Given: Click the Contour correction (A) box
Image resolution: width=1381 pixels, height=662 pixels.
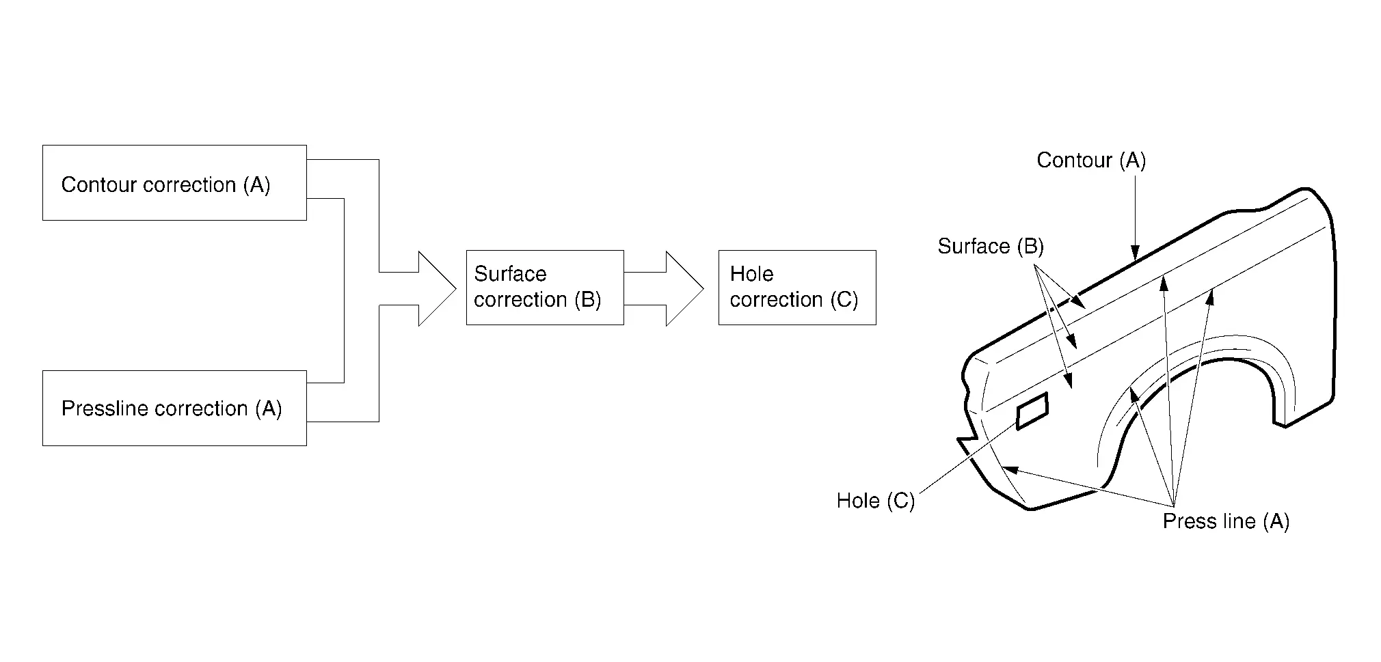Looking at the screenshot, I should tap(174, 182).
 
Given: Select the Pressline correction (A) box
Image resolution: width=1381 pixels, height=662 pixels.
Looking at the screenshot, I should tap(174, 408).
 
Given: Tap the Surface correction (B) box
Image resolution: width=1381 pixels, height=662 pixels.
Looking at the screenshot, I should tap(544, 287).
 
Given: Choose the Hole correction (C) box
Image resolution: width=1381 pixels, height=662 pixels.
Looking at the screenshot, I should tap(796, 287).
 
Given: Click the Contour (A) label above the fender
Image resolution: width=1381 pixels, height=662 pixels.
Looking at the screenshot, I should tap(1090, 161).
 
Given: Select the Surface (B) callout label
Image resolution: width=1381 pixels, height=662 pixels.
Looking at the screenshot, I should tap(990, 246).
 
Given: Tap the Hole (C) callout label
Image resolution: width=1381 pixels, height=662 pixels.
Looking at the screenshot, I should tap(875, 501).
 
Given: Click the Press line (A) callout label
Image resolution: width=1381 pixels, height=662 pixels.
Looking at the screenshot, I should tap(1225, 521).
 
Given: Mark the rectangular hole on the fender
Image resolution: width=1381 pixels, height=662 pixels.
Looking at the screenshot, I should tap(1032, 411).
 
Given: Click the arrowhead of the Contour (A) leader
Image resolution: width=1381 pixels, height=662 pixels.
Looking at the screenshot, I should tap(1135, 254).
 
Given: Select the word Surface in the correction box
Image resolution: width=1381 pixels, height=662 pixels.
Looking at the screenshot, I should tap(510, 274).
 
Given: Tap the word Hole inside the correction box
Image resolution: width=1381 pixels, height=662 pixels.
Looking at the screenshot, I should tap(751, 274).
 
